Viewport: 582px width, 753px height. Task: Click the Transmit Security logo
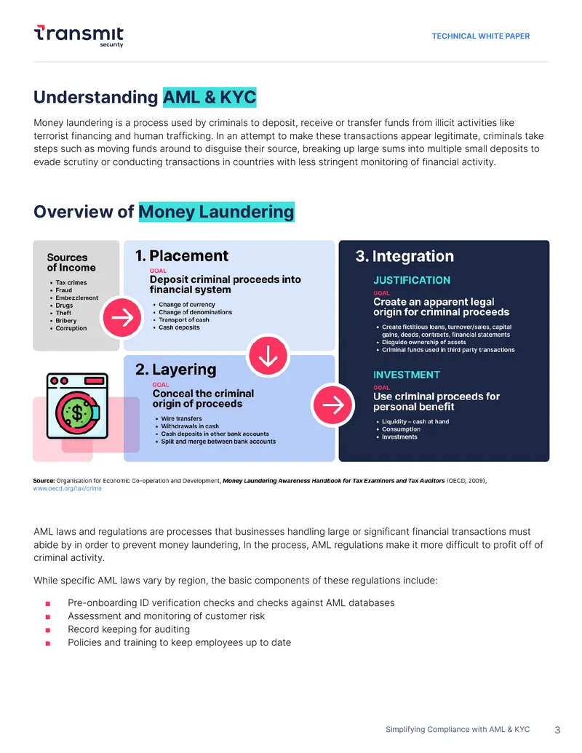79,36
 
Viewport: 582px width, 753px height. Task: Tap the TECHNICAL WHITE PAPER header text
481,36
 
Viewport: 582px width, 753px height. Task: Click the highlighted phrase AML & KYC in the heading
210,97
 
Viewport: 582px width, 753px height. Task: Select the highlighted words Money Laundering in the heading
217,212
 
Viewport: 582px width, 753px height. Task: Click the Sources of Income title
71,263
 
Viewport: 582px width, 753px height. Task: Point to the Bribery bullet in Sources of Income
65,321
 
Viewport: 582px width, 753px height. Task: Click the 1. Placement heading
182,255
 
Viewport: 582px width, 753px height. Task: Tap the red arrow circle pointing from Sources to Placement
122,317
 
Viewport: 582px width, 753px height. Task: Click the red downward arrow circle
268,356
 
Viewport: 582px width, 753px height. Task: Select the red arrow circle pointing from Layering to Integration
332,405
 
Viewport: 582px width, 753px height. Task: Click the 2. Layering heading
176,370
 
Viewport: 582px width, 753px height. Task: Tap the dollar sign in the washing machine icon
77,413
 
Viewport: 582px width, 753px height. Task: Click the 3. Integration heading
404,256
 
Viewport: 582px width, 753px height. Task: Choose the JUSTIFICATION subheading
412,280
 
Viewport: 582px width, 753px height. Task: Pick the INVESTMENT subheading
407,375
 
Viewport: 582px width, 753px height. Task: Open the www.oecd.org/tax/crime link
67,488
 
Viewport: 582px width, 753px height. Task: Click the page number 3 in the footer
557,730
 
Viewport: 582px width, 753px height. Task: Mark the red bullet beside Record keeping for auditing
48,630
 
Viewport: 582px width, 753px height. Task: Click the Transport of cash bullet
182,320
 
